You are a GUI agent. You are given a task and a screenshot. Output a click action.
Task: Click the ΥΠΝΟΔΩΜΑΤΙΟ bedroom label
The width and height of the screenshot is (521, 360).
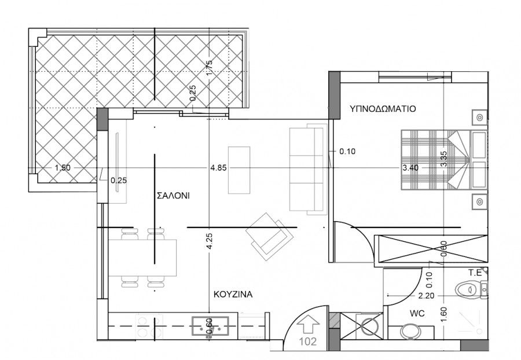coord(383,109)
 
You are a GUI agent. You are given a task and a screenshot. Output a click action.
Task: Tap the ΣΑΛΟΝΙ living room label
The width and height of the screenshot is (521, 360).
coord(173,196)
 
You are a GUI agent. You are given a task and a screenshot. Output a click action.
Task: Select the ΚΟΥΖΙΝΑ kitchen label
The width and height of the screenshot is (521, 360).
coord(233,294)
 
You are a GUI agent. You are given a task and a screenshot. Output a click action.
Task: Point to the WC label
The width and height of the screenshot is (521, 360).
coord(417,313)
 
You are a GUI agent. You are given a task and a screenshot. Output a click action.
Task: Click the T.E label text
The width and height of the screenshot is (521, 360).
coord(475,273)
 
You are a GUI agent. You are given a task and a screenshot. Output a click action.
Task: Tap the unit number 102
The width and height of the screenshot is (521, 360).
coord(308,341)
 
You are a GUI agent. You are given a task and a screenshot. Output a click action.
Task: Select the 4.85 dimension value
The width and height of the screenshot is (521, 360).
coord(218,168)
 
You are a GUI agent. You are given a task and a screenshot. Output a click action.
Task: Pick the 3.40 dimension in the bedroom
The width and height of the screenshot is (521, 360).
coord(410,168)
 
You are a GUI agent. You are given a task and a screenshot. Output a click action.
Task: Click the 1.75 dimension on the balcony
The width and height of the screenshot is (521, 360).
coord(209,67)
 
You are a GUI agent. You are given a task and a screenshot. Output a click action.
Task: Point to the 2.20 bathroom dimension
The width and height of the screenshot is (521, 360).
coord(426,295)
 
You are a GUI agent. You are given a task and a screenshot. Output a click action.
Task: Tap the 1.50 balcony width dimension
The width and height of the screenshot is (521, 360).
coord(63,168)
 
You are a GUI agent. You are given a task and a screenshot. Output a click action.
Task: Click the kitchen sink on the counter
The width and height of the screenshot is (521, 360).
coord(210,325)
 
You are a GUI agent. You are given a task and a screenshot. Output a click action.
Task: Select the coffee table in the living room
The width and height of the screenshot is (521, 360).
coord(239,170)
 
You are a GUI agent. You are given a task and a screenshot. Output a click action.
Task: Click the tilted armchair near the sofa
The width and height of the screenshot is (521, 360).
coord(270,236)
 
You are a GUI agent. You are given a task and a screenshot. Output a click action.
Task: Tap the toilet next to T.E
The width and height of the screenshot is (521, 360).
coord(468,289)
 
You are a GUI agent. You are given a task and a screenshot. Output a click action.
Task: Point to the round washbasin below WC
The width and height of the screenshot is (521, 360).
coord(410,331)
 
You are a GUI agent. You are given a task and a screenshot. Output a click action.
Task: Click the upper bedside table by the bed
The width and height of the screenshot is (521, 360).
coord(480,117)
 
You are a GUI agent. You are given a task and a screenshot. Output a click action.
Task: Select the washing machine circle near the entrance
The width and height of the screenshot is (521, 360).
coord(368,325)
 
